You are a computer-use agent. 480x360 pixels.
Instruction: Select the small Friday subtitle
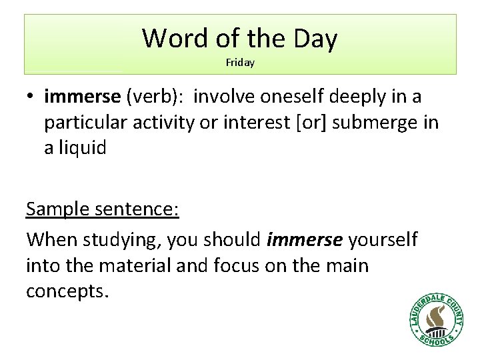pos(240,63)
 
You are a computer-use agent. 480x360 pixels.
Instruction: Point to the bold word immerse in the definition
pos(82,97)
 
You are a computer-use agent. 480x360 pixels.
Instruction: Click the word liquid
pos(82,148)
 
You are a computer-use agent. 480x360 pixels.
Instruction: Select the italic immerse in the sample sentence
pos(305,238)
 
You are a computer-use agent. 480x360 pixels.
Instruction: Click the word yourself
pos(383,238)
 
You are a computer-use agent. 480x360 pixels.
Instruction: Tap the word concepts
pos(66,292)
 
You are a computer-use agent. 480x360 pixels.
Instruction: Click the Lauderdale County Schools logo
pos(437,318)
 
